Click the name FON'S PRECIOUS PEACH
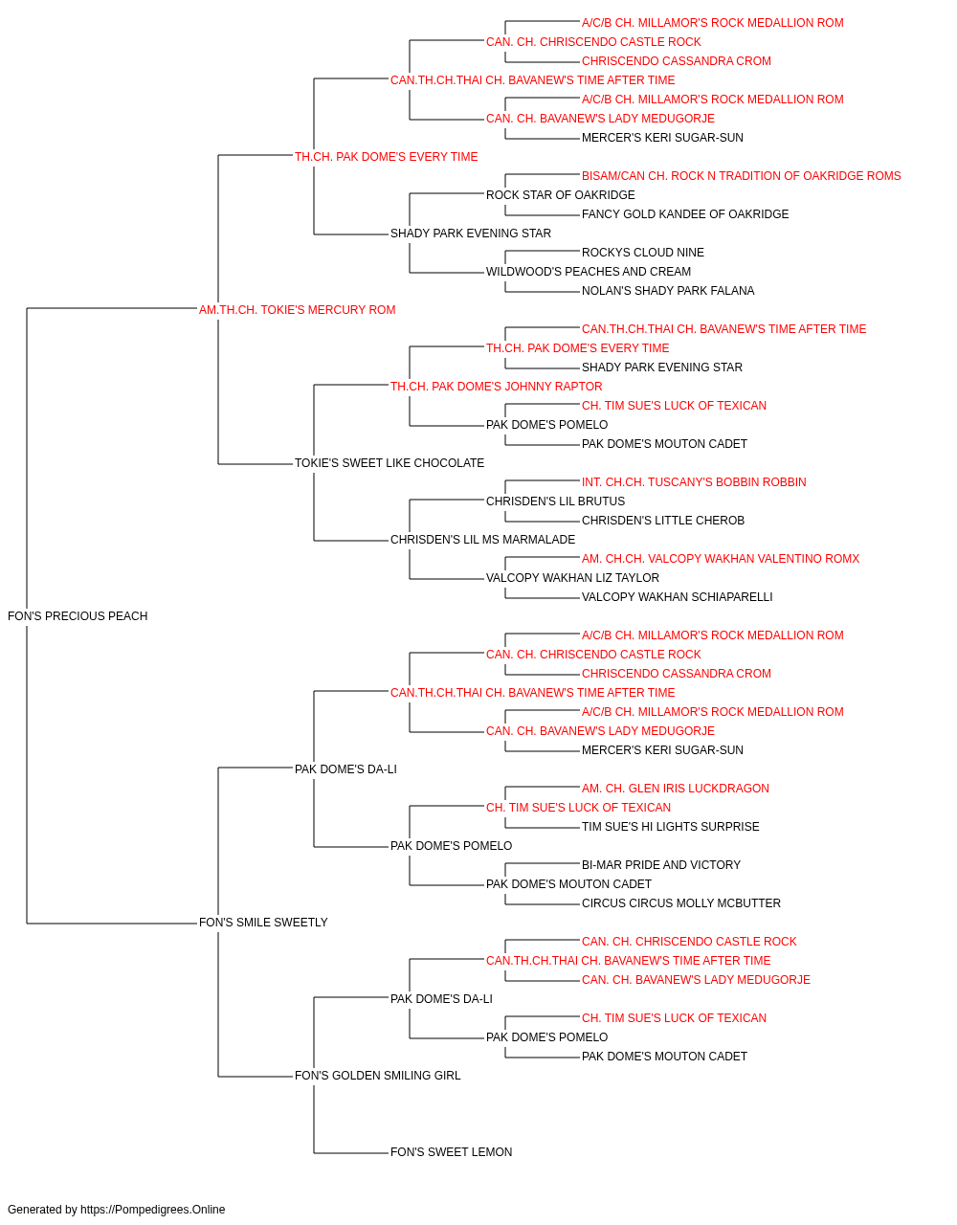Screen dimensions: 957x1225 (x=78, y=616)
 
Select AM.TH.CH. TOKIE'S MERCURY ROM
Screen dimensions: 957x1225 (x=297, y=310)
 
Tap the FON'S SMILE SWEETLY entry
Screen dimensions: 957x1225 (x=263, y=923)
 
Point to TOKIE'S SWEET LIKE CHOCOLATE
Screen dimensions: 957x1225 (x=389, y=463)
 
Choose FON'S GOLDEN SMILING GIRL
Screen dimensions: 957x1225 (x=378, y=1076)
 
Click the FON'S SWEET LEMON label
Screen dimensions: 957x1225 (x=452, y=1152)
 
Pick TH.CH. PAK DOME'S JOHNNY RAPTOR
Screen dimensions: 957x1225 (x=497, y=386)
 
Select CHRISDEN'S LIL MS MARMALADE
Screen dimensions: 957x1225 (x=483, y=540)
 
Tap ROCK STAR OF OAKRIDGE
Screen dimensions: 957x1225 (x=561, y=195)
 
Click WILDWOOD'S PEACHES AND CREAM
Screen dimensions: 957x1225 (x=589, y=272)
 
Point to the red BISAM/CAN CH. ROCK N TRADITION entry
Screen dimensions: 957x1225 (x=741, y=176)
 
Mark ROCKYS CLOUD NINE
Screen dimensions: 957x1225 (x=643, y=253)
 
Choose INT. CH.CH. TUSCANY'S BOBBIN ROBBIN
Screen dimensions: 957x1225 (x=694, y=482)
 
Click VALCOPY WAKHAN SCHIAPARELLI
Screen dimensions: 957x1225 (x=678, y=597)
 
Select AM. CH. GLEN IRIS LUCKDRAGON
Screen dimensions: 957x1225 (x=676, y=788)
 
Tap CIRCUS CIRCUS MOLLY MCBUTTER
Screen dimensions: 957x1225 (x=681, y=903)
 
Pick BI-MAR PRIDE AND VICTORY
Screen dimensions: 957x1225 (x=661, y=865)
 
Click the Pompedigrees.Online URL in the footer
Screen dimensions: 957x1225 (x=153, y=1210)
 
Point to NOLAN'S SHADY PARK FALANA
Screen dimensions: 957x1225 (x=668, y=291)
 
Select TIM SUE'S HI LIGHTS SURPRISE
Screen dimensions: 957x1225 (x=671, y=827)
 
